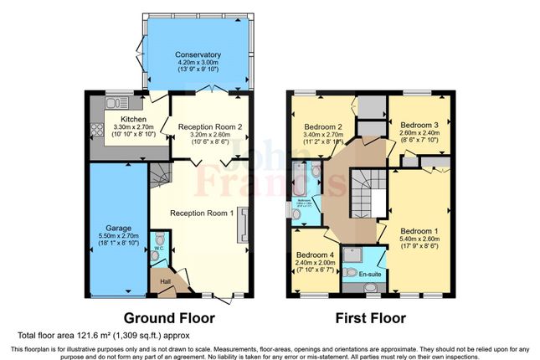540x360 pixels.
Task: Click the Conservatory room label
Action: [x=198, y=55]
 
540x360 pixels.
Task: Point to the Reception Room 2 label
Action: [x=209, y=126]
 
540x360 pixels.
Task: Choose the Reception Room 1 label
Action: [x=201, y=213]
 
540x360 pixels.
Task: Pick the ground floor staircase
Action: [x=158, y=177]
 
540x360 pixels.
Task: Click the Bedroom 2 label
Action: [x=321, y=127]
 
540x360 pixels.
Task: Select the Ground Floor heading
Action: [x=170, y=318]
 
